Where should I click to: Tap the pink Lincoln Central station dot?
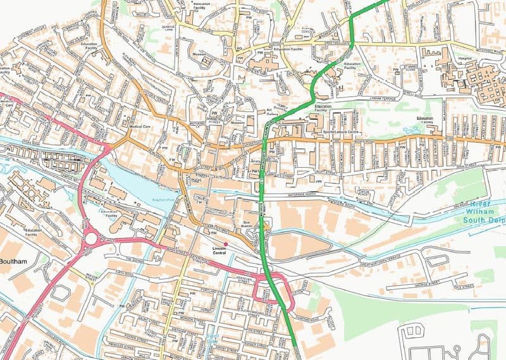click(x=225, y=236)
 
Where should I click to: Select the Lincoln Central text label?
click(x=219, y=247)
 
